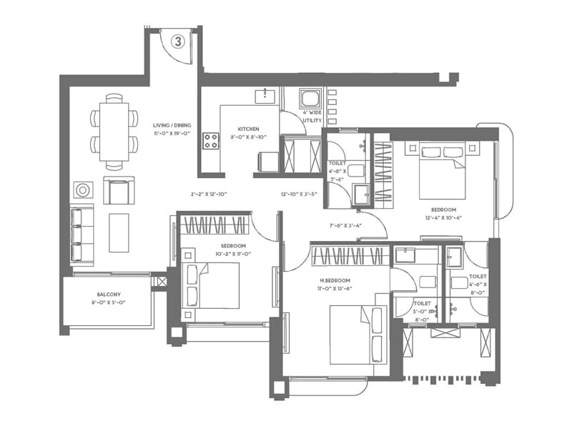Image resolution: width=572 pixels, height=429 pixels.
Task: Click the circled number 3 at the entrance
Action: coord(178,41)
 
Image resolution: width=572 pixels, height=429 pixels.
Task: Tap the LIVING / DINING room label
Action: coord(169,128)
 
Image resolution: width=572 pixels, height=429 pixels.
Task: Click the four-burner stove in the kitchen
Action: coord(212,141)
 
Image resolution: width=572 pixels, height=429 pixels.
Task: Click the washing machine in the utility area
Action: coord(310,99)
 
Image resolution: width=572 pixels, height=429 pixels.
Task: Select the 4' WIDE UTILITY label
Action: coord(312,117)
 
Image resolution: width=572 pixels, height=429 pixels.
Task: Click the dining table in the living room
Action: coord(114,132)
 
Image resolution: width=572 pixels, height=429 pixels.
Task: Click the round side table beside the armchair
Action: coord(83,190)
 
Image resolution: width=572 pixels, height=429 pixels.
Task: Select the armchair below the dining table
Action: coord(117,190)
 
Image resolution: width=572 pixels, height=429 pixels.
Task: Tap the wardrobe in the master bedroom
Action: coord(350,256)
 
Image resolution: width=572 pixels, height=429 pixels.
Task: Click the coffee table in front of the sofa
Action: coord(119,232)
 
